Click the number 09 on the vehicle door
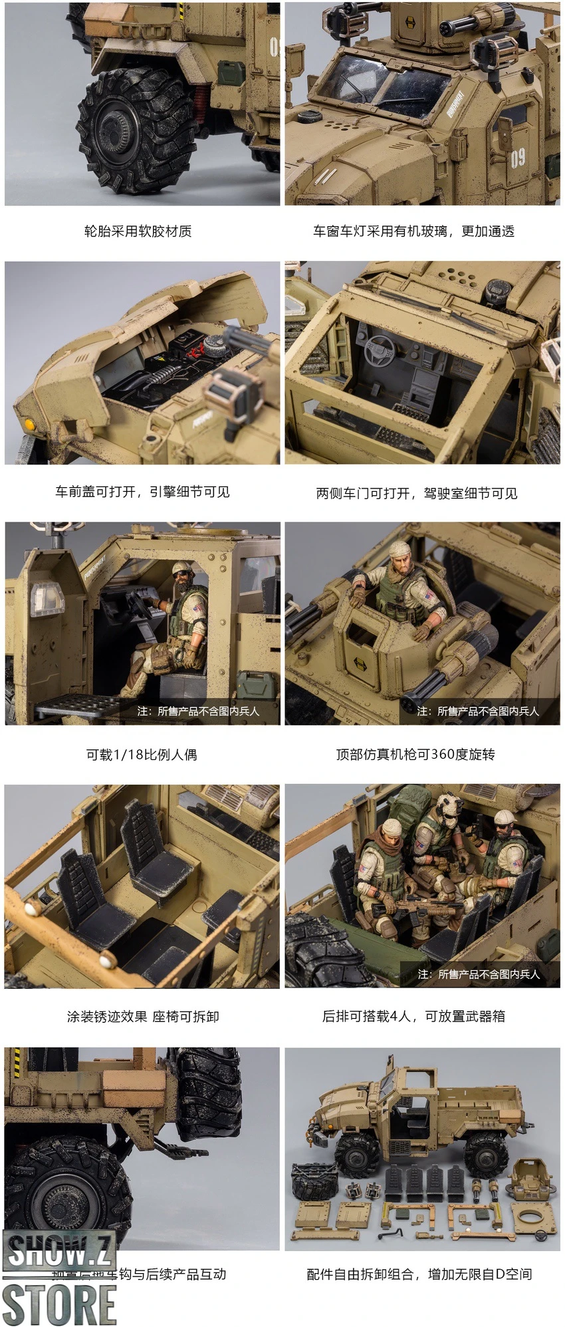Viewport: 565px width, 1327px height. point(518,158)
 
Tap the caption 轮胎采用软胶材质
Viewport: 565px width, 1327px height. point(138,231)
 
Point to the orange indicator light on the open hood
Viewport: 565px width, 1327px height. point(29,424)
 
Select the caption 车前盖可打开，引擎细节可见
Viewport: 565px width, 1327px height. point(142,492)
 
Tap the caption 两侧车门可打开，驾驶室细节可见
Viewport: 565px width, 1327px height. point(416,493)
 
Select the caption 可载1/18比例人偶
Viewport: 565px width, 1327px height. point(142,755)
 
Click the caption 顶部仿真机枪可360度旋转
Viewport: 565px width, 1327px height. point(415,754)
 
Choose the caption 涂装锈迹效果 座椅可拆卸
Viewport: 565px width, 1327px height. point(142,1016)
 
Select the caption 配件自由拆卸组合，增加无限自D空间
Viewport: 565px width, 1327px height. point(419,1274)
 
